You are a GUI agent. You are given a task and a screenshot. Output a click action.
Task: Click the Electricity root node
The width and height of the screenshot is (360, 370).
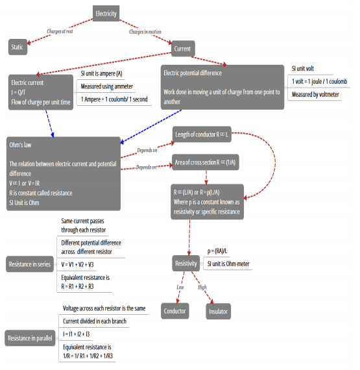pos(106,14)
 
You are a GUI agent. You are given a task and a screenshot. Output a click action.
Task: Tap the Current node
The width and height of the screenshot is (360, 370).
pos(183,49)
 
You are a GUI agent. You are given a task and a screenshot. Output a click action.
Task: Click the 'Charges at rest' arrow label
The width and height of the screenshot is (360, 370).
pos(63,31)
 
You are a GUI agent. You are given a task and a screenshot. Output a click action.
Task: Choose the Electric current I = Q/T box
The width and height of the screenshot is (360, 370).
pos(40,92)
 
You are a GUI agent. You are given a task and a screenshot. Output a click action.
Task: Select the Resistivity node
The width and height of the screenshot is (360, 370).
pos(186,263)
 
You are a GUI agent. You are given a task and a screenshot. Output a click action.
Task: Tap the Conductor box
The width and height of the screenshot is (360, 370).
pos(175,311)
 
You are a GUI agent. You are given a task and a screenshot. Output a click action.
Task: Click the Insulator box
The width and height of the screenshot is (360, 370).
pos(217,312)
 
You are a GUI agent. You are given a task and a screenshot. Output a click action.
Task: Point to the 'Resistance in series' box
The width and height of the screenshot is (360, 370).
pos(29,264)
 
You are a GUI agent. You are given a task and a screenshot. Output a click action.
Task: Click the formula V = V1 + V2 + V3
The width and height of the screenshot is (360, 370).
pos(77,264)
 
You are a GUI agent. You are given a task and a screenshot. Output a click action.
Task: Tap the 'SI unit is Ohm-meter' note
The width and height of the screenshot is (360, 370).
pos(228,264)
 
